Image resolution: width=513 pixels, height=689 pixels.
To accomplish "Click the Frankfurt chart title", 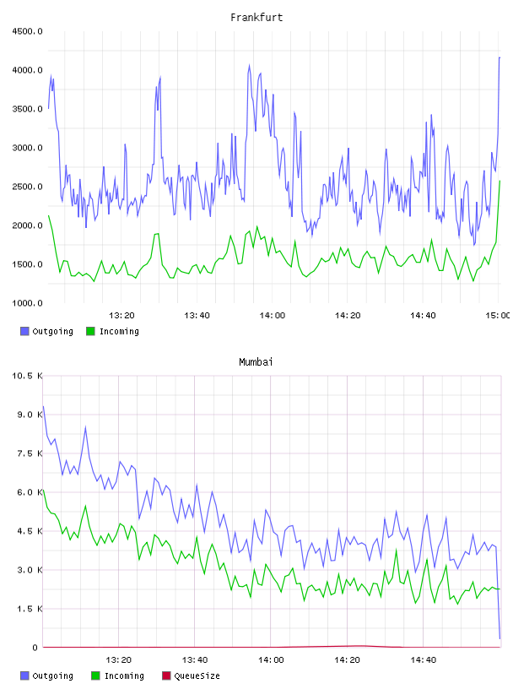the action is [256, 18].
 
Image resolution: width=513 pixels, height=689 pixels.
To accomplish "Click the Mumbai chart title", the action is [256, 362].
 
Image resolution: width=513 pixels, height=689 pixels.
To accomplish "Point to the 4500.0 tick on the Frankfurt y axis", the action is [27, 31].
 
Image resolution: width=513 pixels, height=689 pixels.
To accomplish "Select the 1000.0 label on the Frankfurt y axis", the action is [27, 303].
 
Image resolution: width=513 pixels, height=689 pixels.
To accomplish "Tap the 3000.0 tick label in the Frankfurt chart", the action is [27, 148].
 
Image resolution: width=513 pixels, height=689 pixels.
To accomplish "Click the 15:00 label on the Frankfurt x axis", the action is [498, 316].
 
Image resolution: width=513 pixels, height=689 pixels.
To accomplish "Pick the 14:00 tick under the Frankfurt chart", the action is [273, 316].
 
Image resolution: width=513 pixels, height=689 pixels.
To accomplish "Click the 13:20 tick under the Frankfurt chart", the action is [121, 316].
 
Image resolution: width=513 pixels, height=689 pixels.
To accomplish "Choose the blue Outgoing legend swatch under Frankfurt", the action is [24, 331].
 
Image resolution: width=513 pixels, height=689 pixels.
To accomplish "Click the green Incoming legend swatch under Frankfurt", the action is [90, 331].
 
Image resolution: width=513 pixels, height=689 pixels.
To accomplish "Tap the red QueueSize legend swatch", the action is [166, 675].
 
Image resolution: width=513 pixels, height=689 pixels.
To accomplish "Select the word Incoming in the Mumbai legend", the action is [124, 675].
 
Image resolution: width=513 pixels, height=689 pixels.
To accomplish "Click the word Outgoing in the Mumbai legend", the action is [52, 675].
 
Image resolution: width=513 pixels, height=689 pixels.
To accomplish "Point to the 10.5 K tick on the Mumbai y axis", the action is [27, 376].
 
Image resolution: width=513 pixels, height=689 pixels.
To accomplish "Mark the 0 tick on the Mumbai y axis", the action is [35, 648].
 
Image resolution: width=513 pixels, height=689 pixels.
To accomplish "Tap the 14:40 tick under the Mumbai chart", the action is [424, 660].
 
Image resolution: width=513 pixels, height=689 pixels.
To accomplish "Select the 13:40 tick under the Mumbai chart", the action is [195, 660].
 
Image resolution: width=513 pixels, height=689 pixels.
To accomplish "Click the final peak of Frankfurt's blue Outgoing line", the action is [499, 57].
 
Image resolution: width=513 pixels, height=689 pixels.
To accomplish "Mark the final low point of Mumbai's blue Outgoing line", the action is [499, 638].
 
